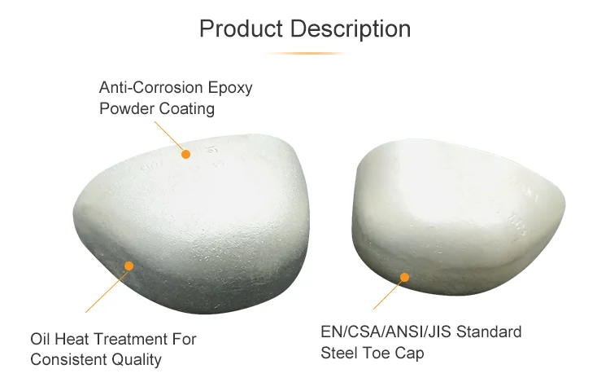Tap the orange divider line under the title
tap(305, 54)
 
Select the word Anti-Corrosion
tap(146, 87)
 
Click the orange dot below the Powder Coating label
tap(185, 153)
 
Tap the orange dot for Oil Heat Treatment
tap(129, 265)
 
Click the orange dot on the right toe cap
tap(404, 278)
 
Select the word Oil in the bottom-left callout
tap(41, 339)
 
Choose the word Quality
tap(139, 359)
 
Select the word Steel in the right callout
tap(342, 354)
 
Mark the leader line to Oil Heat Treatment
tap(107, 288)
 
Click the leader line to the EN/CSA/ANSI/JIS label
tap(389, 293)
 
